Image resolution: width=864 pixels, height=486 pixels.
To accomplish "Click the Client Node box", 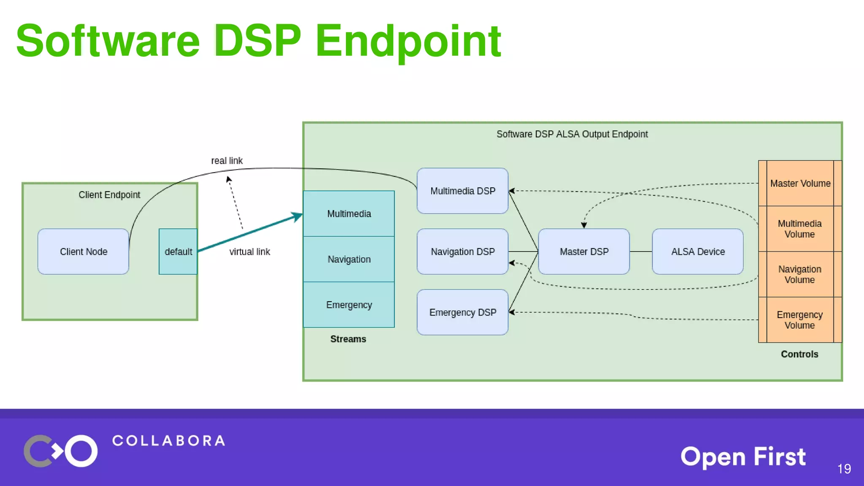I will click(x=83, y=251).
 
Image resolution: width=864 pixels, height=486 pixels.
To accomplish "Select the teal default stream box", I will click(x=178, y=251).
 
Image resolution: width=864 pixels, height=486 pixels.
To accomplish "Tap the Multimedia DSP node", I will click(x=462, y=191).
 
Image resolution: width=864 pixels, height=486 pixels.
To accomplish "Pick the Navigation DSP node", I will click(x=462, y=251).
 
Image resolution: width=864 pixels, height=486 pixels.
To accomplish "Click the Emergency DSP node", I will click(x=462, y=312).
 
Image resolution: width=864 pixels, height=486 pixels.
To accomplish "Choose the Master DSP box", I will click(x=584, y=251).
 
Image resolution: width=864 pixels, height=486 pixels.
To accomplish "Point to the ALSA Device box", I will click(x=698, y=251).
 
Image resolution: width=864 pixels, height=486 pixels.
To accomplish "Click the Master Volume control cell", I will click(x=800, y=184).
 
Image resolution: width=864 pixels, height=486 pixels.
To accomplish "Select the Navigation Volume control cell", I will click(x=800, y=274).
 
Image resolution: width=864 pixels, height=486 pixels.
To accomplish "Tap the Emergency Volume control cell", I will click(x=800, y=320).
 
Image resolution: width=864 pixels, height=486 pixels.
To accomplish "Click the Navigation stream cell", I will click(x=349, y=259).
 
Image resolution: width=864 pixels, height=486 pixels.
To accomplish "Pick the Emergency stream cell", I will click(x=349, y=305).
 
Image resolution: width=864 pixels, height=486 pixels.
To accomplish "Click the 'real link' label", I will click(x=227, y=161).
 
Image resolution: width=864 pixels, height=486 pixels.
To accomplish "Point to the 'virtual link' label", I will click(x=249, y=252).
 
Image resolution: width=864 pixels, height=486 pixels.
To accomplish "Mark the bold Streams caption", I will click(x=348, y=339).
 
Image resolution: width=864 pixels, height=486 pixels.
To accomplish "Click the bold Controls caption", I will click(x=799, y=354).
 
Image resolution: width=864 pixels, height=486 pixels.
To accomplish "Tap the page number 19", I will click(x=844, y=469).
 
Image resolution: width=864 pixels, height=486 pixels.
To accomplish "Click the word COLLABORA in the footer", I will click(x=169, y=441).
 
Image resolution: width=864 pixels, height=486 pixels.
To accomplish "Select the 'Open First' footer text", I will click(x=743, y=457).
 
